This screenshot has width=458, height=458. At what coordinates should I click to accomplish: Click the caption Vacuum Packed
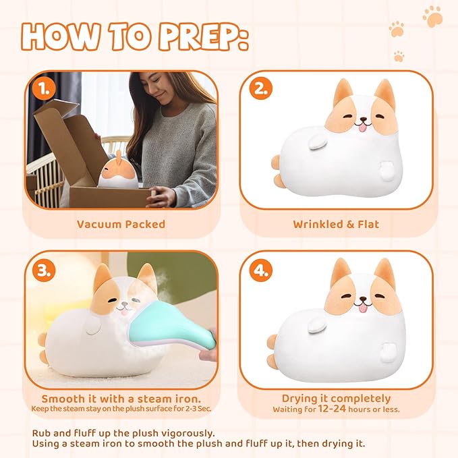(x=121, y=224)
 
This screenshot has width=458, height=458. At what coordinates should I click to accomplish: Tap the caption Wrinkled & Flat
(x=335, y=224)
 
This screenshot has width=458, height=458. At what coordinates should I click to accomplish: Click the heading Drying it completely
(x=335, y=399)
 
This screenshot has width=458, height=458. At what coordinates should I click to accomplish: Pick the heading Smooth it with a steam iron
(x=122, y=399)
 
